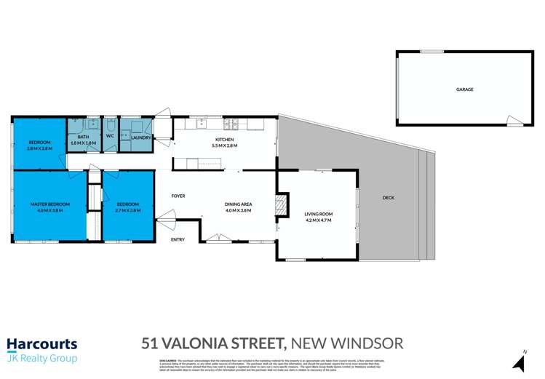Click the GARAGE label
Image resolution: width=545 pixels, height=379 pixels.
tap(464, 89)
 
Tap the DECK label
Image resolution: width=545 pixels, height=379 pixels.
tap(389, 198)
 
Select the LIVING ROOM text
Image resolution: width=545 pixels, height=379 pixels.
tap(317, 213)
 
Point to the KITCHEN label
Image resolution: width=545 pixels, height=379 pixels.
tap(224, 139)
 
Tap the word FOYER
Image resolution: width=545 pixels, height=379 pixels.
tap(178, 196)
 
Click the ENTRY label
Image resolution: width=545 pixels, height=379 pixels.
tap(178, 239)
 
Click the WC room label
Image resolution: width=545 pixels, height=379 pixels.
tap(109, 136)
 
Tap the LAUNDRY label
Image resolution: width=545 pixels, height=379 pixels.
tap(140, 137)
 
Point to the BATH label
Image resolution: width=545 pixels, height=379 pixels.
tap(84, 136)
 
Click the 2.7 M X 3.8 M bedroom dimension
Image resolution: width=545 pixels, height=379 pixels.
tap(127, 210)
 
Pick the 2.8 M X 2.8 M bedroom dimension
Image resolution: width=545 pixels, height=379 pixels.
tap(39, 148)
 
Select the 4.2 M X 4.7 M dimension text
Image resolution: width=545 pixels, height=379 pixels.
tap(317, 220)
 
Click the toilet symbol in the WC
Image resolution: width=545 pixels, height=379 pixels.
tap(110, 145)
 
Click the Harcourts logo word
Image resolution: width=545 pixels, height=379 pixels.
tap(41, 344)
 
